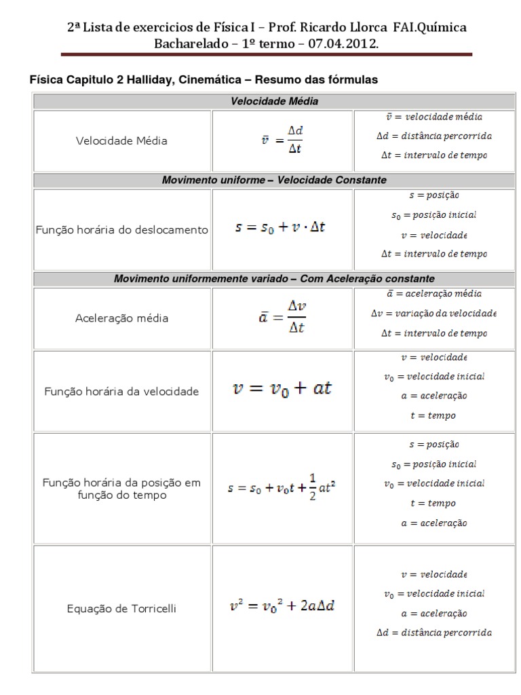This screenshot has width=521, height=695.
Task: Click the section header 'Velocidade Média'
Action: (x=274, y=101)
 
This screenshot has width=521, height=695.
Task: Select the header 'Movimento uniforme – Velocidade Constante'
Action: (x=274, y=181)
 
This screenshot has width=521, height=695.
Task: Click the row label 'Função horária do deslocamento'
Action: (x=122, y=230)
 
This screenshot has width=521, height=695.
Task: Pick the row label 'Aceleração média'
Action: (x=122, y=318)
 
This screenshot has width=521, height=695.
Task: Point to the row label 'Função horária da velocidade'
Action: (x=122, y=392)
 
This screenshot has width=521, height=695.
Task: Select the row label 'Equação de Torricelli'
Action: (x=122, y=609)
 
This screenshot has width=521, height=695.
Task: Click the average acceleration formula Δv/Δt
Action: (x=282, y=318)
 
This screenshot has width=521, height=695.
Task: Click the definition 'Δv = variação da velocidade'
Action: (x=433, y=314)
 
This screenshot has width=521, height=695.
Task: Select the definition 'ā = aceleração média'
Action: (x=433, y=294)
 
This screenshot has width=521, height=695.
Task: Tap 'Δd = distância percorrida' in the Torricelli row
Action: (x=433, y=633)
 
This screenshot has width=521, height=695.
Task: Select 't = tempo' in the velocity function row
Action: (x=433, y=415)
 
